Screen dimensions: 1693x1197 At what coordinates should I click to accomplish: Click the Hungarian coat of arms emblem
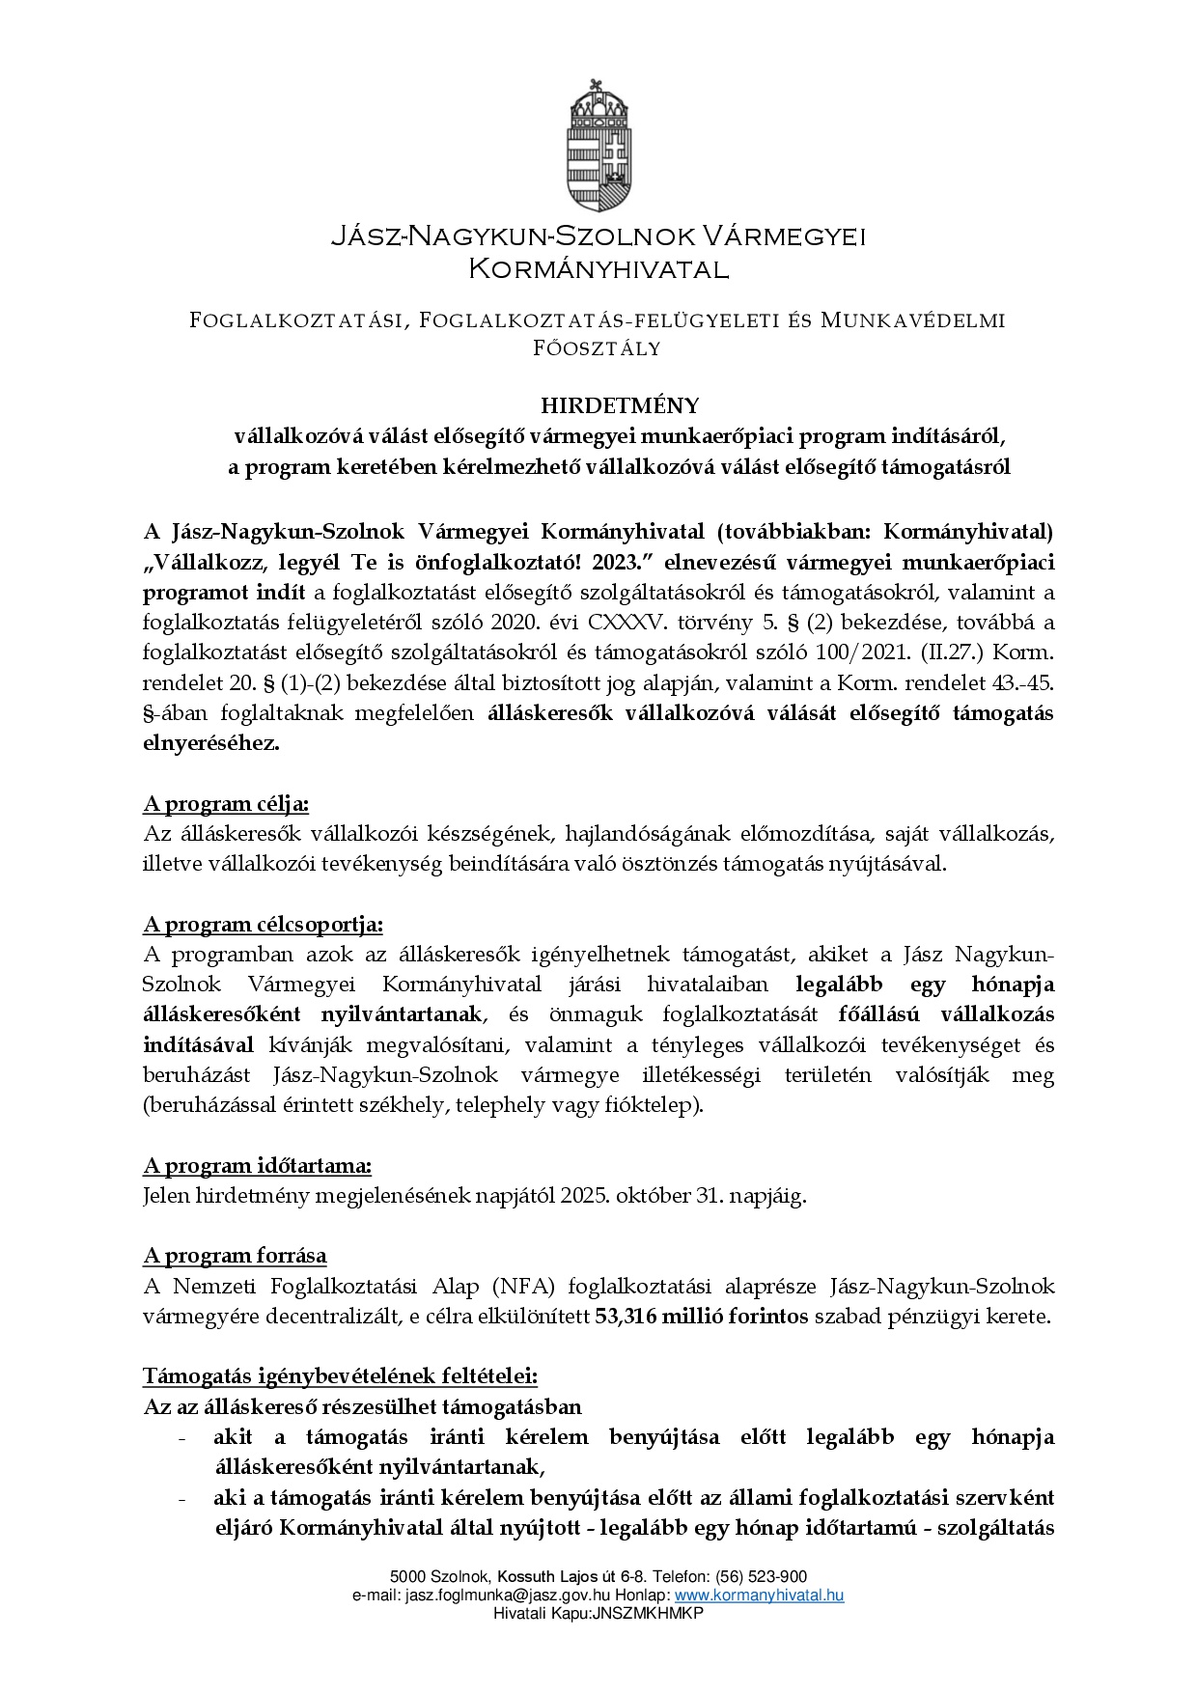pos(598,146)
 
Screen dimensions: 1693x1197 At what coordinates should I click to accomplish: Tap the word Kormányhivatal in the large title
pos(598,269)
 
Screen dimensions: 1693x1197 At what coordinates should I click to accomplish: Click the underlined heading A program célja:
pos(226,804)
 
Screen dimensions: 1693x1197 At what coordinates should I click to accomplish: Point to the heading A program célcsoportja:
pos(263,925)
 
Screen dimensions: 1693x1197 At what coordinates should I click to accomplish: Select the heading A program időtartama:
pos(257,1166)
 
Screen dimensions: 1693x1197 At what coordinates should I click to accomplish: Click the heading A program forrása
pos(235,1256)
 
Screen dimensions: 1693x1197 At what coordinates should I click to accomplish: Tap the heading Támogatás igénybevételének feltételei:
pos(341,1375)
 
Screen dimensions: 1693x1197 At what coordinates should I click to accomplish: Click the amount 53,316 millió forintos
pos(702,1317)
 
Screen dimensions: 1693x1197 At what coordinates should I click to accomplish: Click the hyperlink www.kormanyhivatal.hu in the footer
pos(759,1596)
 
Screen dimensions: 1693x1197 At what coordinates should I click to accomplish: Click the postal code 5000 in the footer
pos(407,1577)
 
